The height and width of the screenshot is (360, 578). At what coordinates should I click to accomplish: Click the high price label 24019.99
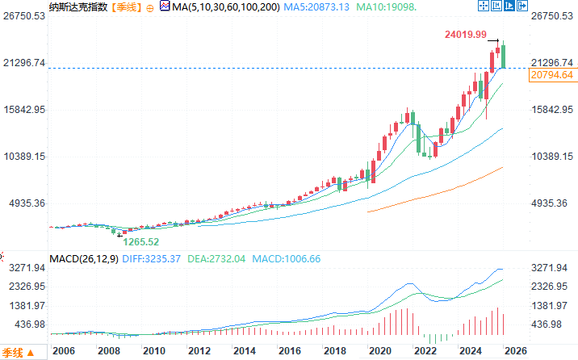pyautogui.click(x=465, y=35)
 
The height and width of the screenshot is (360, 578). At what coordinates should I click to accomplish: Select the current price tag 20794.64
pyautogui.click(x=551, y=75)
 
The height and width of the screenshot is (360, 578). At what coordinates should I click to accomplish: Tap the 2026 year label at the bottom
pyautogui.click(x=517, y=351)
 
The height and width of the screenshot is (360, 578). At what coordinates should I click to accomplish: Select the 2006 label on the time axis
pyautogui.click(x=63, y=351)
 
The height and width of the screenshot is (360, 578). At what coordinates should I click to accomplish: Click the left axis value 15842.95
pyautogui.click(x=24, y=110)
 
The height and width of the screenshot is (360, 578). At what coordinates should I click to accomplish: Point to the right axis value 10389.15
pyautogui.click(x=552, y=157)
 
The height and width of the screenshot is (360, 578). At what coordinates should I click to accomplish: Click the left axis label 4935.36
pyautogui.click(x=24, y=203)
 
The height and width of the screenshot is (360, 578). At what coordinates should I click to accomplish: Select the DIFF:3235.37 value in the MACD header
pyautogui.click(x=152, y=258)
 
